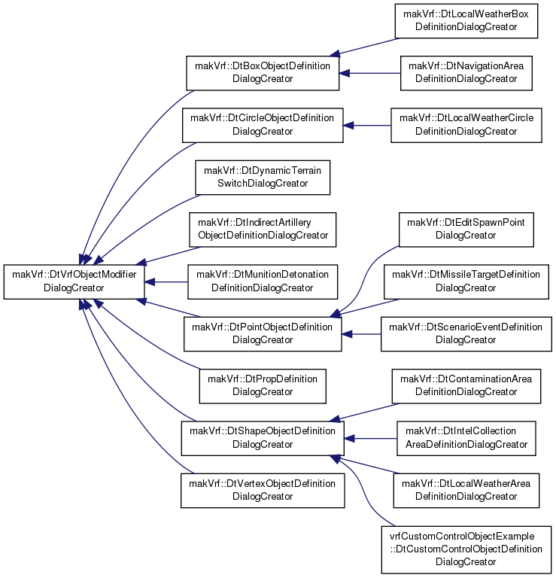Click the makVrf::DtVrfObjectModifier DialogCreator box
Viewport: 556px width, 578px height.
tap(74, 281)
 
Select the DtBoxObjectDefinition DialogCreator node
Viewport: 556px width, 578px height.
tap(263, 73)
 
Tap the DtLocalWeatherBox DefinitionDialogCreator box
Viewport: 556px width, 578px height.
tap(466, 20)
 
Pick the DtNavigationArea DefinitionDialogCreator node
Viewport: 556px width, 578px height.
tap(466, 73)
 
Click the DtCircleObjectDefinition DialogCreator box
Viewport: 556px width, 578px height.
tap(263, 126)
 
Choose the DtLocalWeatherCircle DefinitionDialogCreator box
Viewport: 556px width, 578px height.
tap(466, 126)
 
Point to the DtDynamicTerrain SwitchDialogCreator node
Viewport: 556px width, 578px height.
tap(263, 178)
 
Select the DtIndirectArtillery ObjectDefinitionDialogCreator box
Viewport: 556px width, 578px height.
tap(263, 230)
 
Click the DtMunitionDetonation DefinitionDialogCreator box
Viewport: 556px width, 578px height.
tap(263, 281)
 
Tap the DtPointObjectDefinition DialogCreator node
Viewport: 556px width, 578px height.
tap(263, 334)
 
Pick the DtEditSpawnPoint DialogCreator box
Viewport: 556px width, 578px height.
tap(466, 230)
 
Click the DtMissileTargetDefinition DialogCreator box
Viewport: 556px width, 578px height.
tap(466, 281)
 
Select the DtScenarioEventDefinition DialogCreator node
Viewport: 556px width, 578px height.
tap(466, 334)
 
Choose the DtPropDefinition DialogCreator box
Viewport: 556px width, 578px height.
tap(263, 386)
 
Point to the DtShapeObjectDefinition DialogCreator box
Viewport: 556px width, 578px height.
tap(263, 438)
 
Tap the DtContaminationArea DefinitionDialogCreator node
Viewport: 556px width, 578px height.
tap(466, 386)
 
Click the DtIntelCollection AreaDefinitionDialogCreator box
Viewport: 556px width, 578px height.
tap(466, 438)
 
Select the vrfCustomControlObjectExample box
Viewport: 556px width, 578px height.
tap(466, 549)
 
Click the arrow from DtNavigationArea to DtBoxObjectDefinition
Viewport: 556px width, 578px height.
tap(369, 73)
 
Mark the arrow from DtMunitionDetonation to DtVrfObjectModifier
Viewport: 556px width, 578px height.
tap(166, 282)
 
